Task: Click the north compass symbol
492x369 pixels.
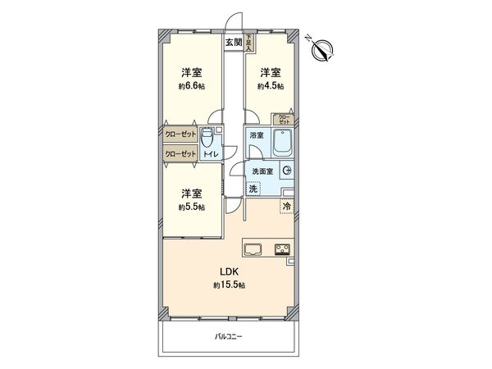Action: point(322,49)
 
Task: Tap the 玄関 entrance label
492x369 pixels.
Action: point(233,42)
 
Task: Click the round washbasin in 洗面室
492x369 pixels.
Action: point(286,171)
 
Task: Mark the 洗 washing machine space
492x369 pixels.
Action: point(255,189)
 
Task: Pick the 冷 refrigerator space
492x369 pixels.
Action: point(286,206)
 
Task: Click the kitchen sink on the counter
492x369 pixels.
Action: point(252,250)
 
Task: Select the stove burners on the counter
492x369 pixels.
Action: point(283,250)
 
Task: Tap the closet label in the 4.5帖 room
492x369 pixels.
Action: point(283,120)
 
